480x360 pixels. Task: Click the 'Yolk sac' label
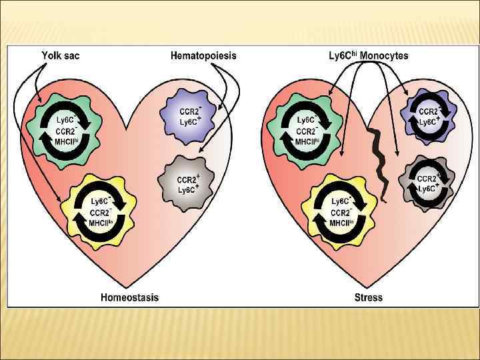click(61, 56)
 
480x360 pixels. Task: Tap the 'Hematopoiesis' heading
click(203, 56)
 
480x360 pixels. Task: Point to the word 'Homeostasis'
click(129, 297)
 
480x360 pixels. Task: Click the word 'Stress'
click(369, 297)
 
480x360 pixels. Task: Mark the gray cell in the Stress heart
click(427, 183)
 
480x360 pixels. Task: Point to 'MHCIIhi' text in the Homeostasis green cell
click(69, 141)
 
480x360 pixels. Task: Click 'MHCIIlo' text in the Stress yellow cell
click(341, 223)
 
